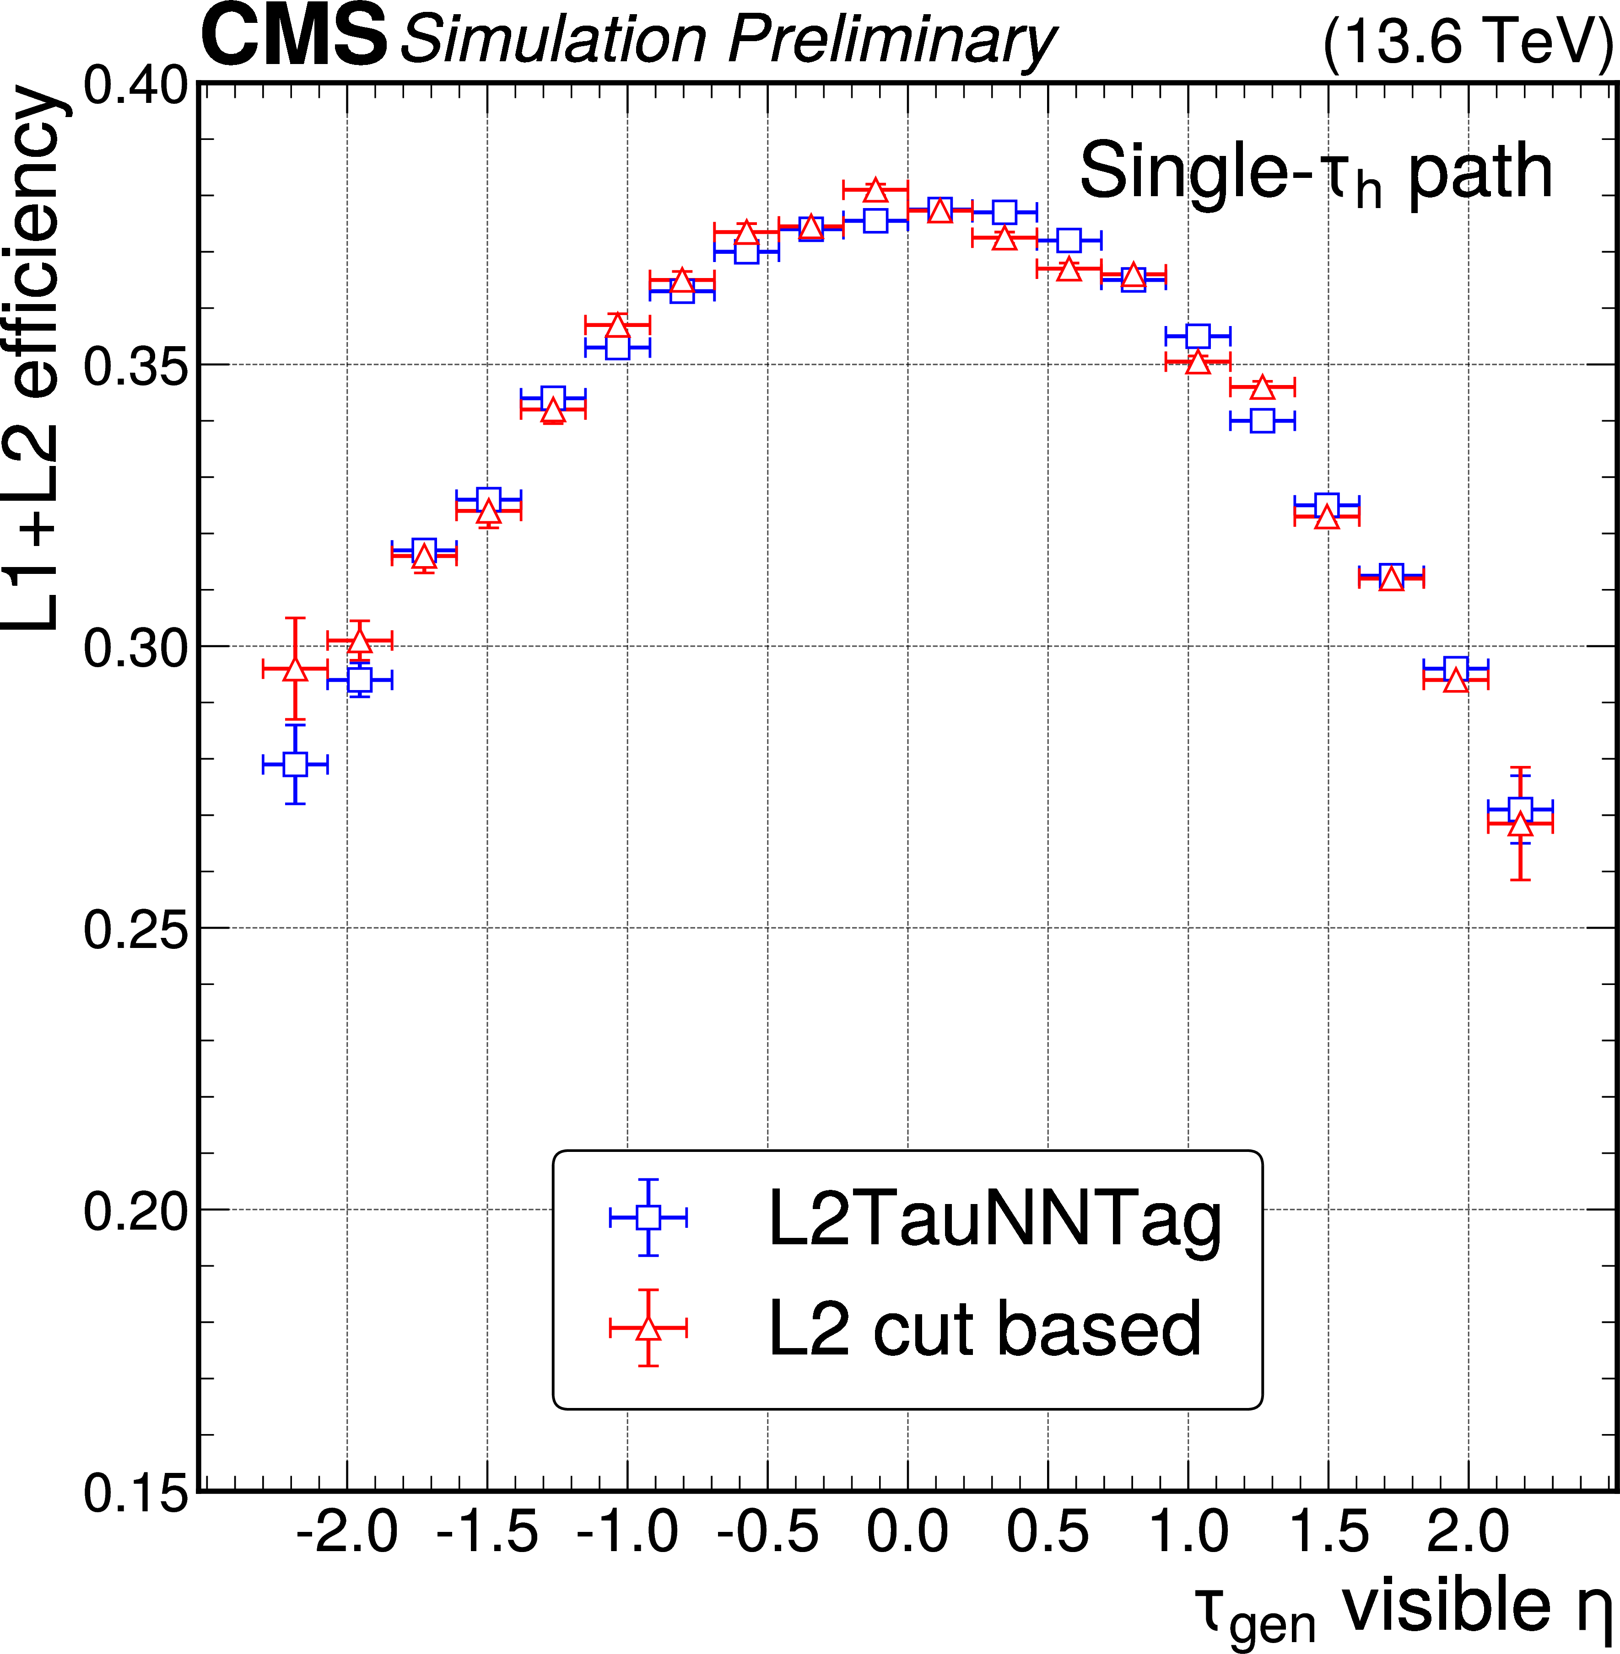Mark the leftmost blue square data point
pyautogui.click(x=295, y=764)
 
